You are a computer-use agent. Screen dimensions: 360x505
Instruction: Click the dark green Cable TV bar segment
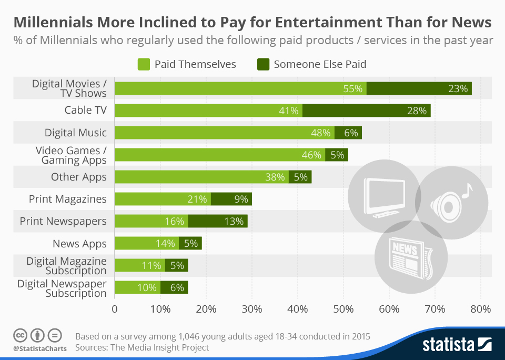pyautogui.click(x=366, y=111)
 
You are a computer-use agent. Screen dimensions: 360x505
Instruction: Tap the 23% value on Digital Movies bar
pyautogui.click(x=458, y=88)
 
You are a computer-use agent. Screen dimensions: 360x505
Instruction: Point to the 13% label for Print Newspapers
pyautogui.click(x=234, y=221)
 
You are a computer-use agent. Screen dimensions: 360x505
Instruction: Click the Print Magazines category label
pyautogui.click(x=68, y=199)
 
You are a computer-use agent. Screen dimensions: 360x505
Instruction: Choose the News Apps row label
pyautogui.click(x=79, y=244)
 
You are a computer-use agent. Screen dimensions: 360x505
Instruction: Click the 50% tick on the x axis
pyautogui.click(x=344, y=309)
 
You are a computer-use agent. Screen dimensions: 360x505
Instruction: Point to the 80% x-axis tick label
pyautogui.click(x=480, y=309)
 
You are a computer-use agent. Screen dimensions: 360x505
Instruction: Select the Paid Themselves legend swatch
pyautogui.click(x=144, y=64)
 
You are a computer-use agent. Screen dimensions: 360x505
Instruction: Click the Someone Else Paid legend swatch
pyautogui.click(x=263, y=64)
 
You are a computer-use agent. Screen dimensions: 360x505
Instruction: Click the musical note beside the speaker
pyautogui.click(x=467, y=191)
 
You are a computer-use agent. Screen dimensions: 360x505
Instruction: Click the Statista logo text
pyautogui.click(x=447, y=345)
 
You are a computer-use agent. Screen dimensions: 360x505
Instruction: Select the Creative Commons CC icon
pyautogui.click(x=20, y=335)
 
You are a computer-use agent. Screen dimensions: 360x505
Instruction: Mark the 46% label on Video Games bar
pyautogui.click(x=311, y=155)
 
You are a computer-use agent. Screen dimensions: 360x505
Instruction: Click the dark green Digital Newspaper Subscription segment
pyautogui.click(x=174, y=287)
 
